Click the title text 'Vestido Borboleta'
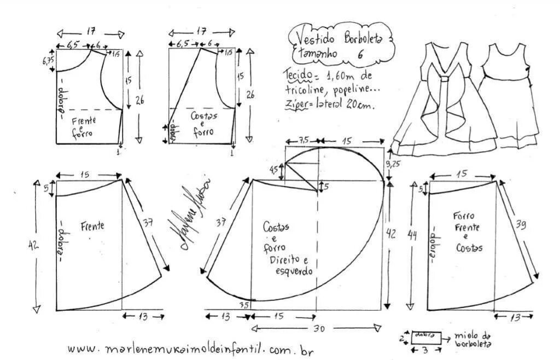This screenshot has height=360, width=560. [340, 38]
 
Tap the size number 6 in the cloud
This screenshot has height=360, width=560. [361, 54]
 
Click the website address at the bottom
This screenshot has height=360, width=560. [191, 349]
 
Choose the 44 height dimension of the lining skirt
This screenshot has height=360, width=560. [412, 236]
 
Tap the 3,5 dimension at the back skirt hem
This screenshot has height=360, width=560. [244, 304]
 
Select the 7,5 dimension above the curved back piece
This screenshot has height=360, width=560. [304, 140]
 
